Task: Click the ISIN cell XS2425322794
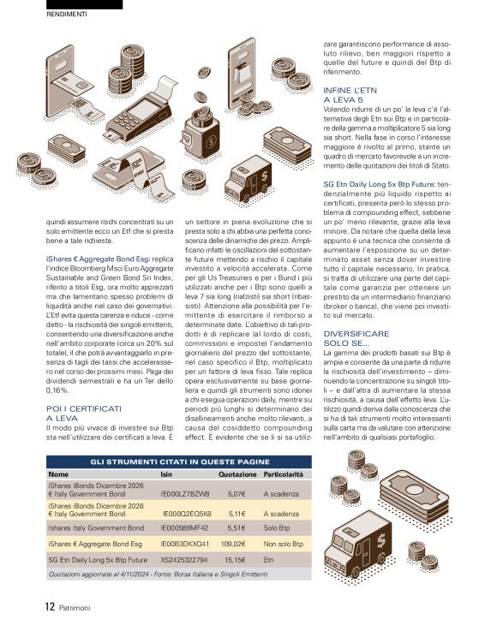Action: tap(184, 559)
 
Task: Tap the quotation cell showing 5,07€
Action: tap(237, 494)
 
